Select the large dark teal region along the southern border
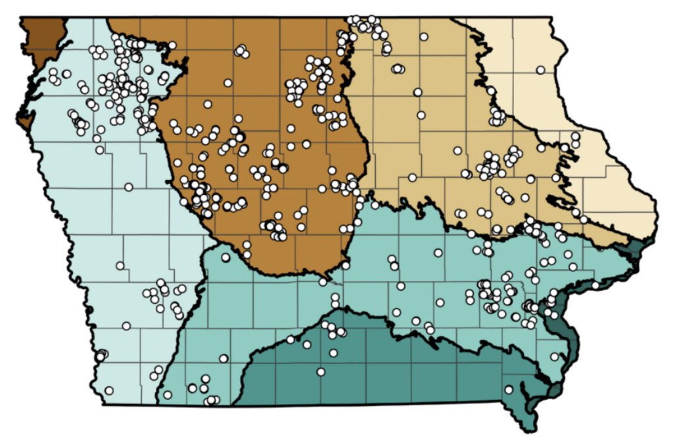pyautogui.click(x=381, y=368)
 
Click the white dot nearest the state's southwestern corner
pyautogui.click(x=109, y=391)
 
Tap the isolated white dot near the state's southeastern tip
pyautogui.click(x=509, y=389)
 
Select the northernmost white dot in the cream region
pyautogui.click(x=540, y=70)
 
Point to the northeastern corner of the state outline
pyautogui.click(x=551, y=19)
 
